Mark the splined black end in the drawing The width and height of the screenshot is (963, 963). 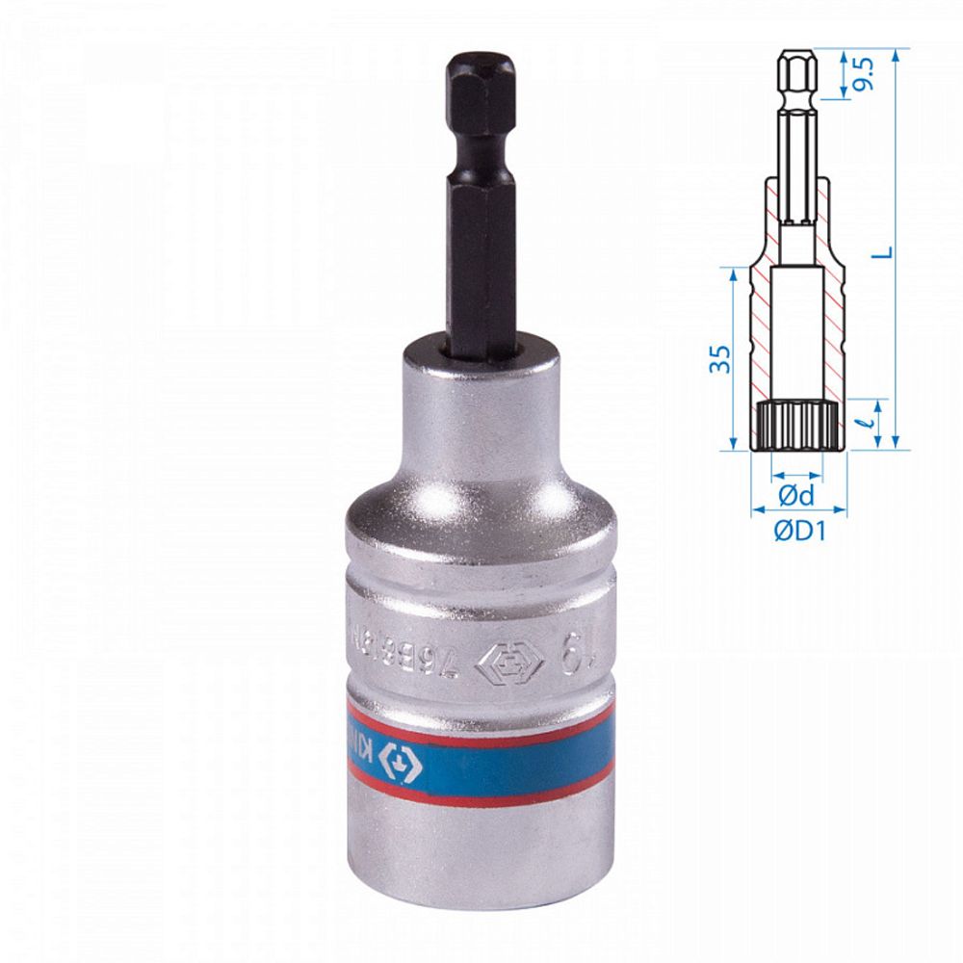click(x=798, y=426)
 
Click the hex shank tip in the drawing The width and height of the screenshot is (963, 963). click(x=797, y=72)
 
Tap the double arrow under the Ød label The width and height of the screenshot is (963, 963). click(x=797, y=475)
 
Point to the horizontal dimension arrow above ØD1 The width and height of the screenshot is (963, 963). click(x=798, y=509)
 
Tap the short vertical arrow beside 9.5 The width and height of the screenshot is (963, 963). click(x=846, y=72)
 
